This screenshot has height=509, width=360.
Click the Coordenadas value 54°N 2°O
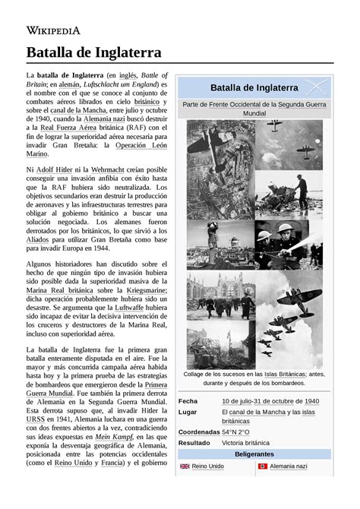pos(235,432)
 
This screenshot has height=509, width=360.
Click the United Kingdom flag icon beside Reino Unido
pos(185,466)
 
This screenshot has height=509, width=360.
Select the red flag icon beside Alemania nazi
pos(264,466)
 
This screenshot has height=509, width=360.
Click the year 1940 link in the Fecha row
pos(311,401)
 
